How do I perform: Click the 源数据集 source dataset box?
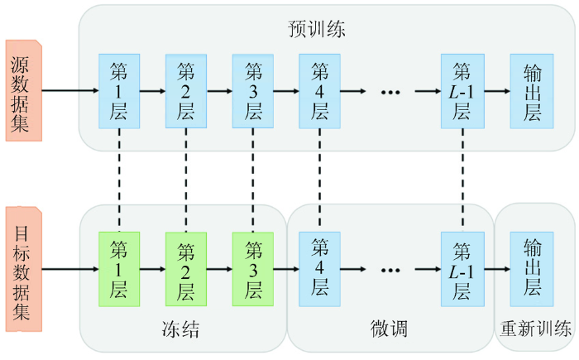click(24, 90)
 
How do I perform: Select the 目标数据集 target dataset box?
click(24, 269)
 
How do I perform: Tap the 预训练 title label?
click(317, 29)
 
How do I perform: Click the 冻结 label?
click(180, 329)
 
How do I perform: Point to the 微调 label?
click(389, 329)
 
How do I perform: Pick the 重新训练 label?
click(535, 329)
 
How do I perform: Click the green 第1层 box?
click(119, 269)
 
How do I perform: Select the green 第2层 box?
click(186, 269)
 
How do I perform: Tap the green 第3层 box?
click(253, 269)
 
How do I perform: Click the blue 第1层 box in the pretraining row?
click(119, 91)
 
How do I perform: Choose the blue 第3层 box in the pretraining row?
click(253, 91)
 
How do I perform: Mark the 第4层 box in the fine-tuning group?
click(320, 269)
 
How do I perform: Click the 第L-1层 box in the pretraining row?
click(462, 91)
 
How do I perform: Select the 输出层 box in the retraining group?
click(532, 269)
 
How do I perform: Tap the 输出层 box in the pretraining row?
click(532, 91)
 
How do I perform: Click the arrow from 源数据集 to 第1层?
click(70, 90)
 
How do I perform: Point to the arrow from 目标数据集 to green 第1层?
click(70, 269)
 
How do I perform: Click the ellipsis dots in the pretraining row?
click(390, 92)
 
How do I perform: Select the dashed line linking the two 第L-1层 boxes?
click(462, 180)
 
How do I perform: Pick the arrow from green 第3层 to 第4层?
click(286, 269)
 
